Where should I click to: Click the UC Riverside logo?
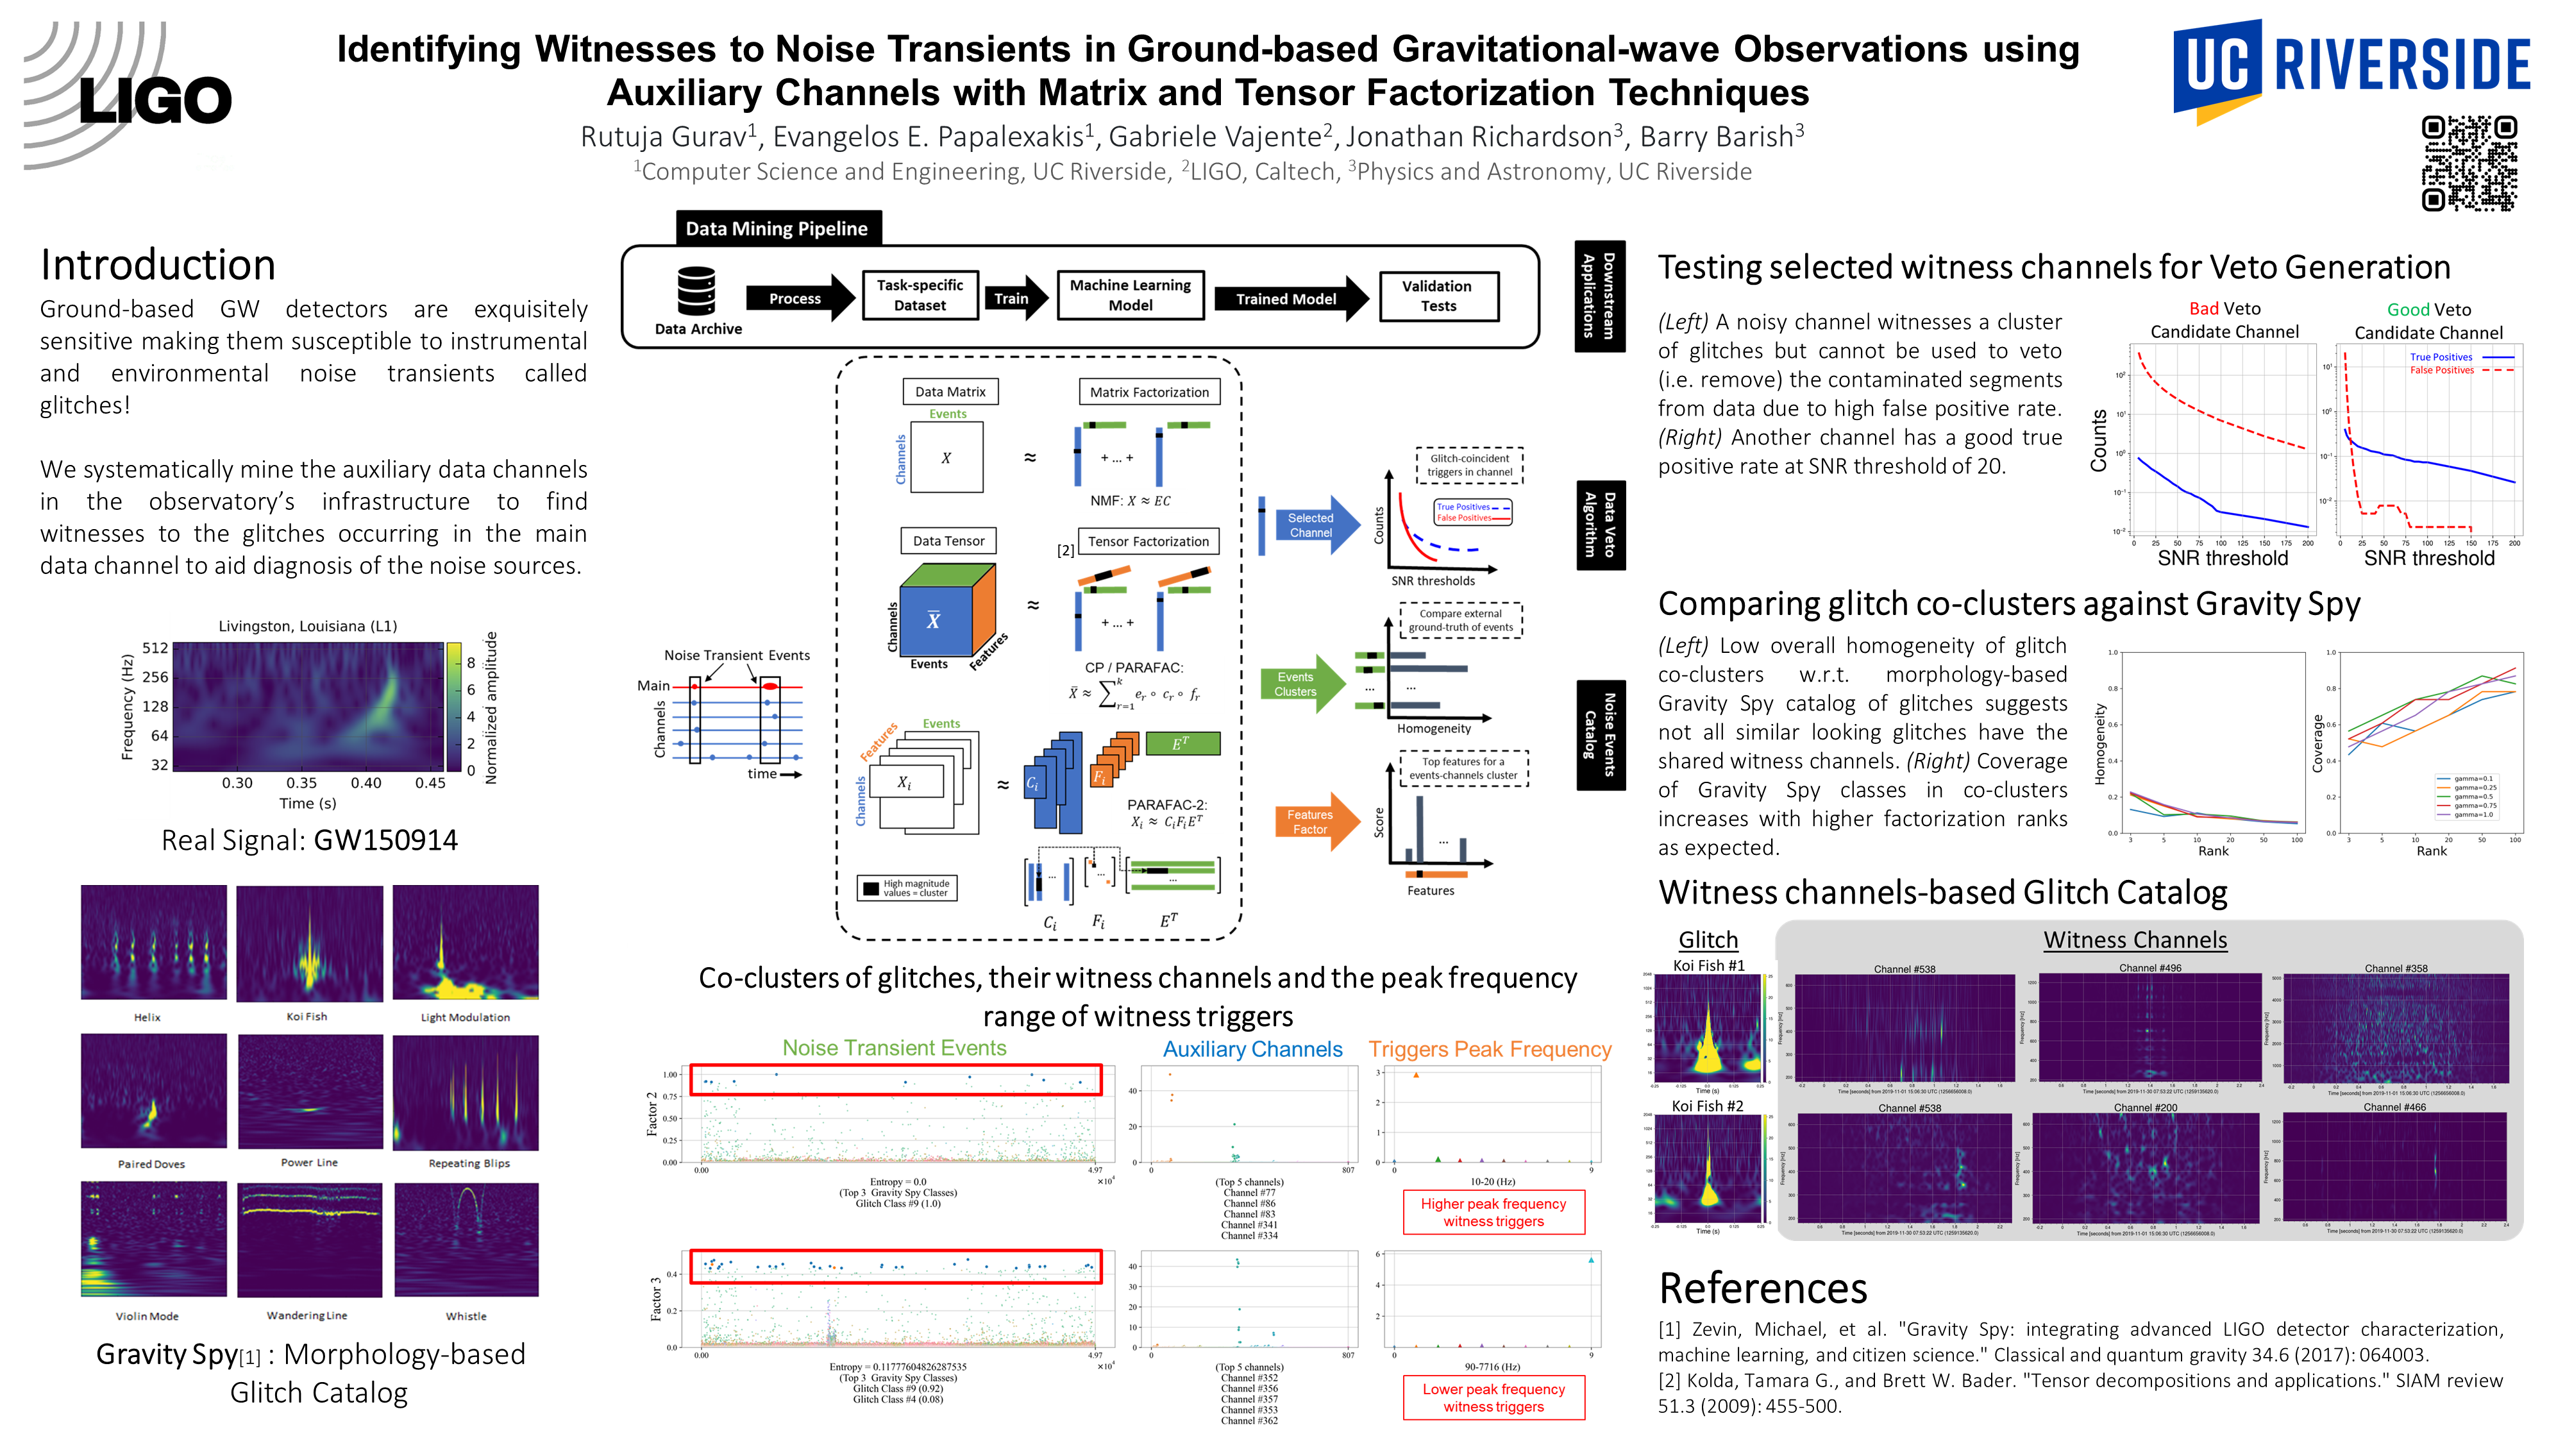pyautogui.click(x=2350, y=68)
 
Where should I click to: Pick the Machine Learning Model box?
pyautogui.click(x=1130, y=296)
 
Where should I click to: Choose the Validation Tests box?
pyautogui.click(x=1438, y=296)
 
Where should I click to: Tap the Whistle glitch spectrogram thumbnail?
pyautogui.click(x=466, y=1240)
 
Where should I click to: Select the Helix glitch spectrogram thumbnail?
pyautogui.click(x=153, y=943)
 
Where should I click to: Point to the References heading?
pyautogui.click(x=1762, y=1288)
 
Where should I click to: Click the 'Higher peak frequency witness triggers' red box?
pyautogui.click(x=1493, y=1212)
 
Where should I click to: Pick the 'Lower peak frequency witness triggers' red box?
pyautogui.click(x=1493, y=1397)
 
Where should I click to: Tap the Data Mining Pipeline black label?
pyautogui.click(x=777, y=228)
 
